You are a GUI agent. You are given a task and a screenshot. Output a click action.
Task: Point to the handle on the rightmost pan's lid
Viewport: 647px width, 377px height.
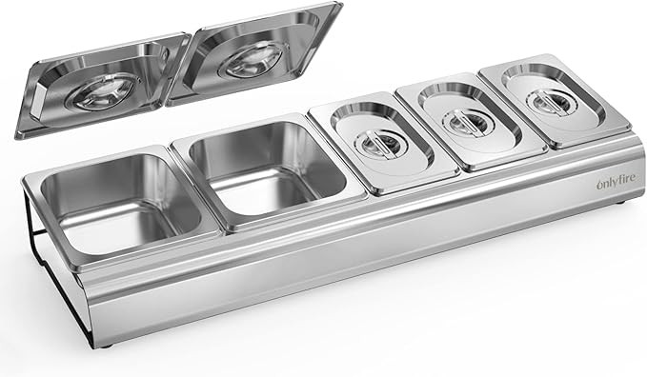543,102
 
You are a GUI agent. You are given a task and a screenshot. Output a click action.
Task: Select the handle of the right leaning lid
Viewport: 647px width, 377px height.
253,59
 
